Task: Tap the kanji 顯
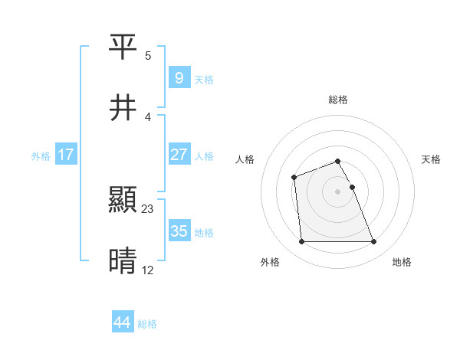[123, 201]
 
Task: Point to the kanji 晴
[123, 261]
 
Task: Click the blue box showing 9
[179, 77]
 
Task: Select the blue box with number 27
[179, 155]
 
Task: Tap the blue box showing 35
[179, 231]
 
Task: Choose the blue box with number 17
[66, 155]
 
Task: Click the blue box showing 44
[122, 322]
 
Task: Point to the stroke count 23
[148, 208]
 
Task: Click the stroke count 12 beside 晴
[148, 269]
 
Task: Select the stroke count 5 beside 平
[148, 56]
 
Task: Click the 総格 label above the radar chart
[338, 100]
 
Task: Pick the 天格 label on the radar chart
[432, 159]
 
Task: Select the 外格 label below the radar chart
[270, 263]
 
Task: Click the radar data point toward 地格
[373, 242]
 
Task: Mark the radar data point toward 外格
[301, 242]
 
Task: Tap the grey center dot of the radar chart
[337, 191]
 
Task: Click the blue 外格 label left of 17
[41, 155]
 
